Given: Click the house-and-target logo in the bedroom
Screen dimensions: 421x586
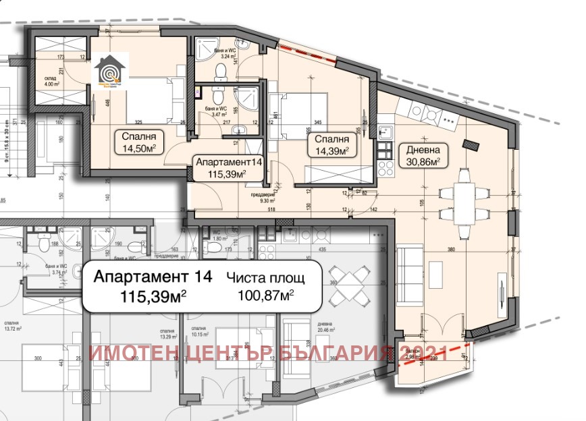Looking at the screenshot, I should click(108, 73).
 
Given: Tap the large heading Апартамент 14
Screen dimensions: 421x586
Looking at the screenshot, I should click(152, 277).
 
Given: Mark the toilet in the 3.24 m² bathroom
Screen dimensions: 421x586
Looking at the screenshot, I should click(220, 69).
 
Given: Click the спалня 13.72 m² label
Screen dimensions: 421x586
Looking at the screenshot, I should click(32, 327).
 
